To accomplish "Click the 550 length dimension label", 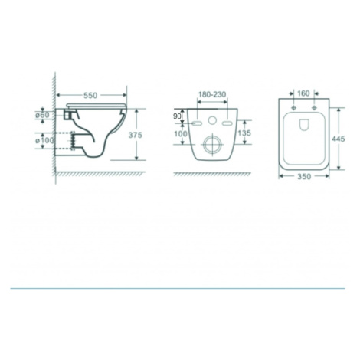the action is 90,95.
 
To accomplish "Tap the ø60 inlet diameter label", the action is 42,115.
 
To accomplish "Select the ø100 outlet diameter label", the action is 44,140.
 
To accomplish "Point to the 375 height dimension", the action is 135,135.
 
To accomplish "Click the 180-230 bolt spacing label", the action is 212,94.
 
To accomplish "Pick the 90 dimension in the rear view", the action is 177,116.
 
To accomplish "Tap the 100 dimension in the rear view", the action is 181,133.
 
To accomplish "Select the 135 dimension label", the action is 244,133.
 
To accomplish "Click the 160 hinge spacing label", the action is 303,93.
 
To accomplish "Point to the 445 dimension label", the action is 339,139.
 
